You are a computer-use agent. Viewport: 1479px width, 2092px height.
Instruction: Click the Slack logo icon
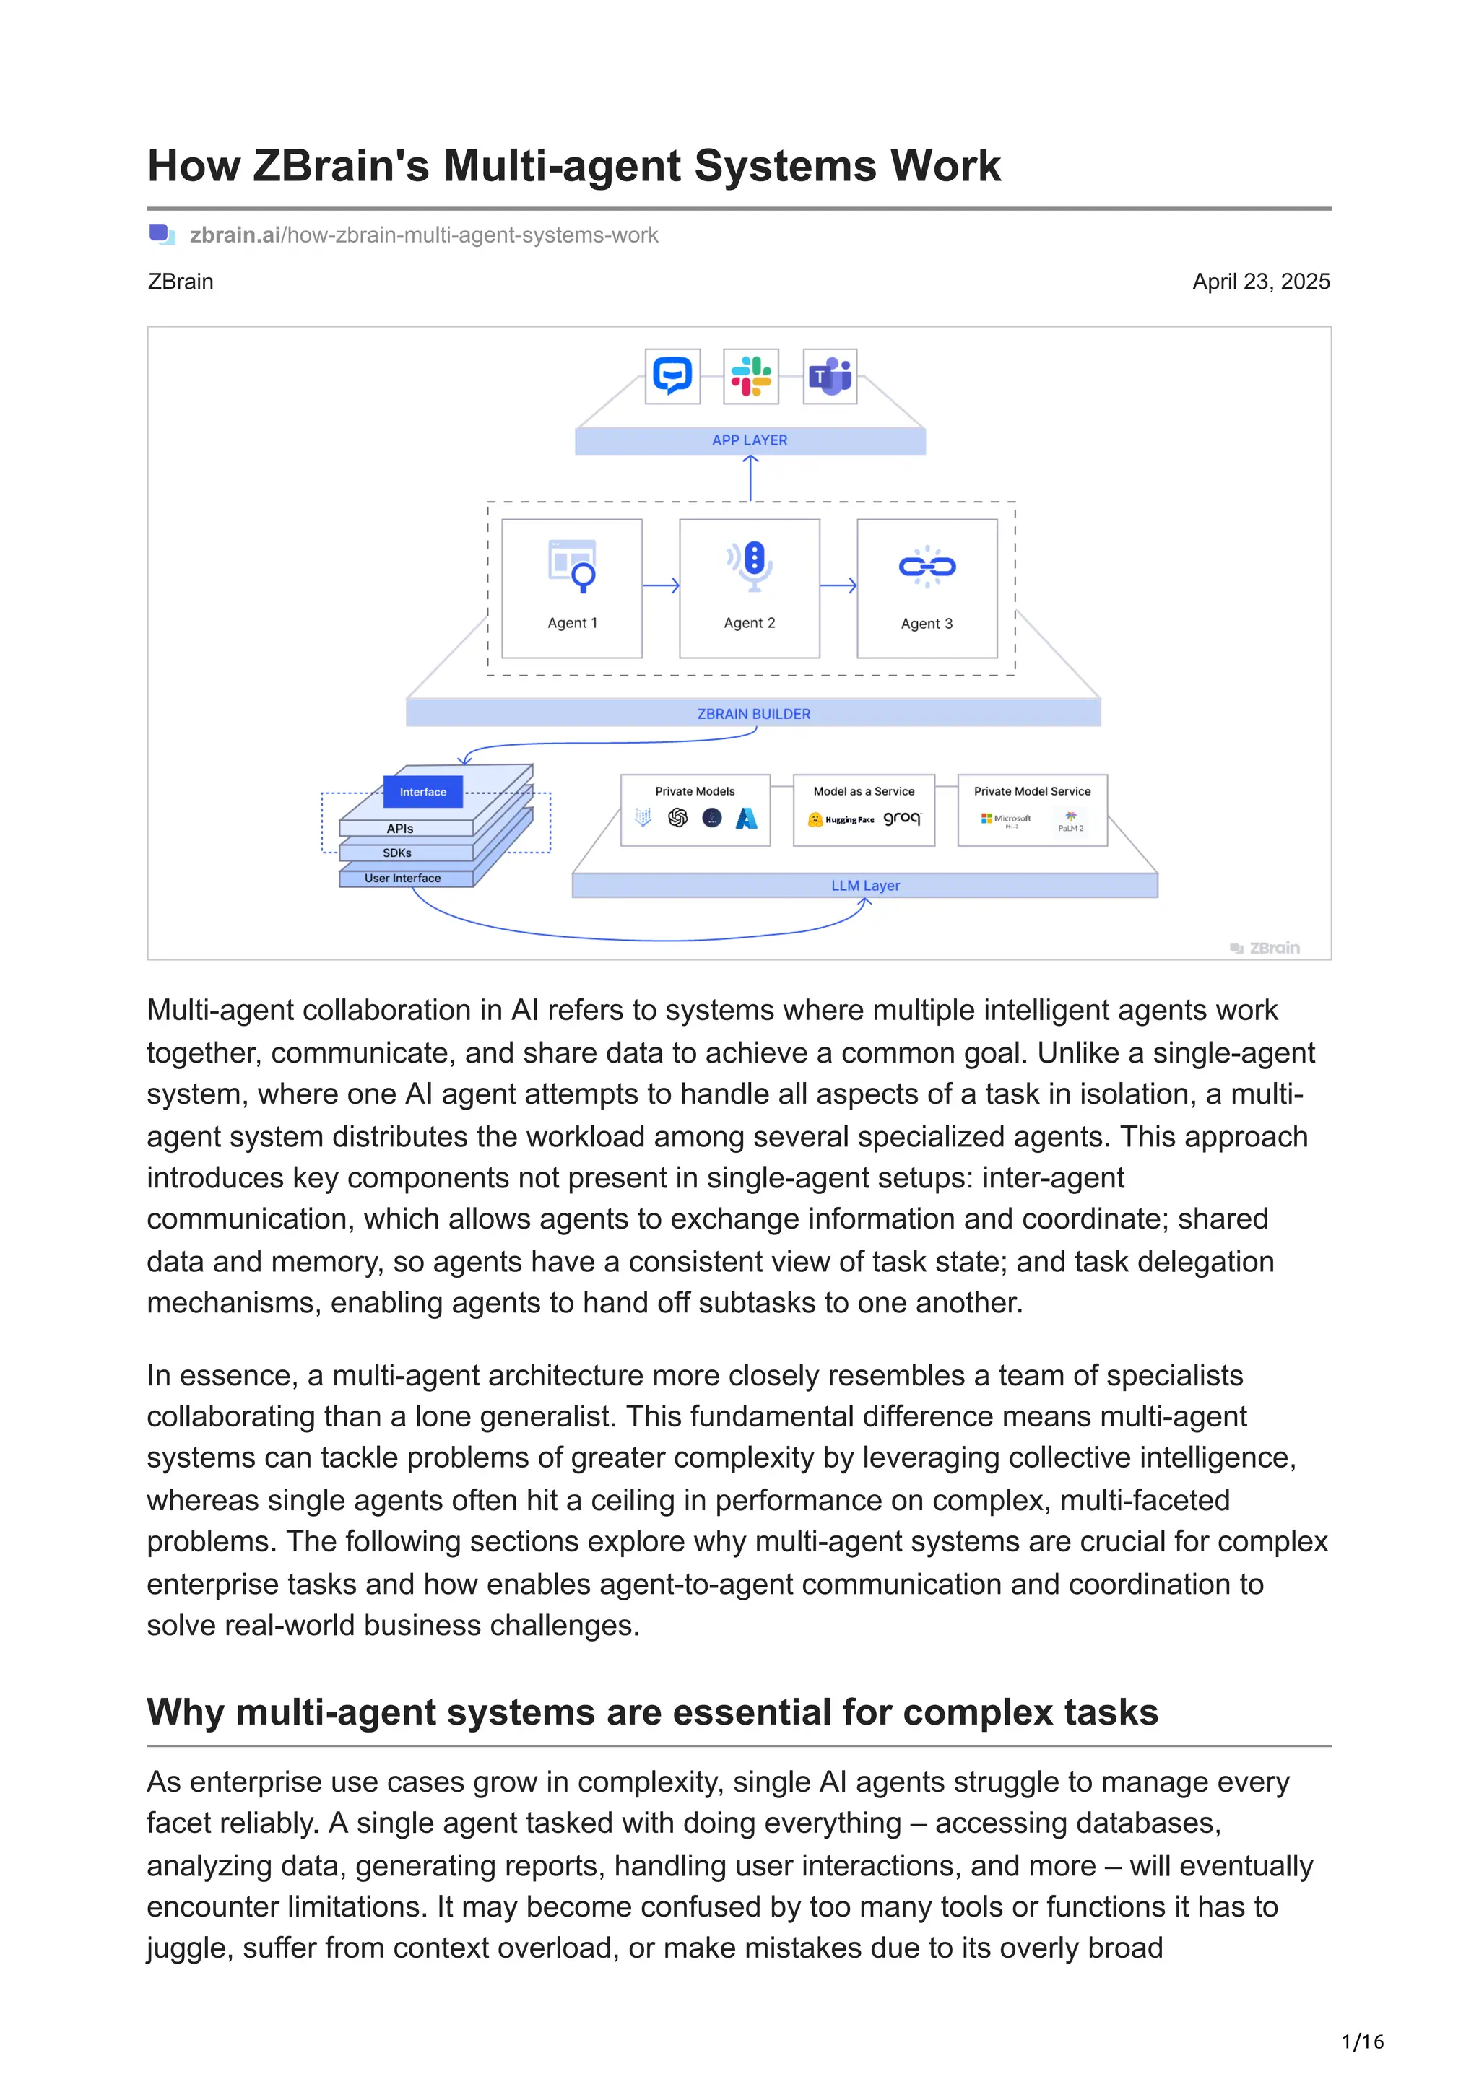coord(750,376)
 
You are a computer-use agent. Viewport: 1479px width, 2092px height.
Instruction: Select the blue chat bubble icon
coord(672,376)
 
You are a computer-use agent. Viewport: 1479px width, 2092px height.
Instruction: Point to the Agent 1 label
coord(572,623)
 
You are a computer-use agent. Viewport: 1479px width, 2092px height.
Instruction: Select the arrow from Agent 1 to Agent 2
coord(661,585)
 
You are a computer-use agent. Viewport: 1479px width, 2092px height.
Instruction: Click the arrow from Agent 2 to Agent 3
coord(838,585)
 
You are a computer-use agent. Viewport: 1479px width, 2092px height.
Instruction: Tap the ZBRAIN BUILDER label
coord(754,715)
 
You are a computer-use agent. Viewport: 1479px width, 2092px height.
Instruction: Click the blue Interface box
coord(423,792)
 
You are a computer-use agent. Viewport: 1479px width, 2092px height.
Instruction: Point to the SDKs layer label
coord(397,854)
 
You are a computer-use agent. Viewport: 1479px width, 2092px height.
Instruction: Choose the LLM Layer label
coord(865,886)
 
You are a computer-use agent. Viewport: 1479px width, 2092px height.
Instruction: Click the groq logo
coord(902,818)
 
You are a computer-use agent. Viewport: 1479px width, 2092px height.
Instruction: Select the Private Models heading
coord(695,792)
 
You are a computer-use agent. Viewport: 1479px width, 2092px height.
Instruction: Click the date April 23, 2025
coord(1260,282)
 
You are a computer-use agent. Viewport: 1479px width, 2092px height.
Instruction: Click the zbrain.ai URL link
coord(423,235)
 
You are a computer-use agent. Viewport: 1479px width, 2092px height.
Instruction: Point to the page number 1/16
coord(1362,2042)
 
